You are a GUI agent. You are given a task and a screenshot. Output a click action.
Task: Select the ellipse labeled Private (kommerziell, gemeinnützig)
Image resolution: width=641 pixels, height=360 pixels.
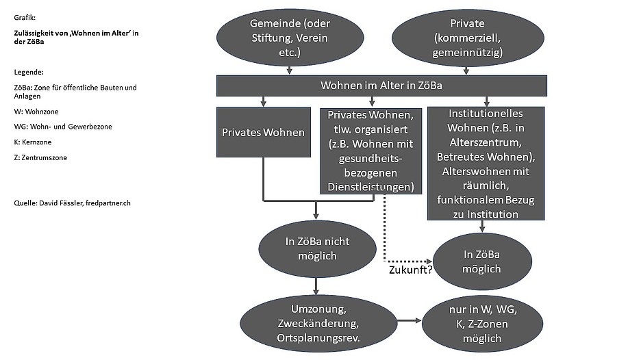click(x=467, y=37)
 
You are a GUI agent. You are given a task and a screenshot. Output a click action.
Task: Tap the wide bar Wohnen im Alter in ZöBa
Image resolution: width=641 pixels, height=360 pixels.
click(x=381, y=86)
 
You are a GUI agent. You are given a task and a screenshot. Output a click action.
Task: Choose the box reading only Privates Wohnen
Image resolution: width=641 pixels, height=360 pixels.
click(x=263, y=132)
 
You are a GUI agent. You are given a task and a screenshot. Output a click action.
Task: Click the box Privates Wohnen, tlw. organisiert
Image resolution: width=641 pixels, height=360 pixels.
click(x=370, y=149)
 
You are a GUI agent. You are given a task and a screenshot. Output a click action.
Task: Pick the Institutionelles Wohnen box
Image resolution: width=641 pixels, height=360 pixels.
click(x=486, y=163)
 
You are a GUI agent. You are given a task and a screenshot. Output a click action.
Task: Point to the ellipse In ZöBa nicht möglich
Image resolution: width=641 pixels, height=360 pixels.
click(x=317, y=247)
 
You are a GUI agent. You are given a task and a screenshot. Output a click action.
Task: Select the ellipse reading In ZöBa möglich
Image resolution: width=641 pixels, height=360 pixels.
click(x=481, y=261)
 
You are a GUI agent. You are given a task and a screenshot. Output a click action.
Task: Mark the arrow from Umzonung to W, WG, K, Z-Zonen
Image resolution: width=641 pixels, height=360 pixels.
click(x=408, y=320)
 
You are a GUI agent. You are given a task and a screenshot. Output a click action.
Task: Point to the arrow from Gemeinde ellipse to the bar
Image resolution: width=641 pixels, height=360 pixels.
click(x=290, y=69)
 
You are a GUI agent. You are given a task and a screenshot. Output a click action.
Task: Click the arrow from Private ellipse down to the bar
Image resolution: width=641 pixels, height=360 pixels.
click(x=467, y=69)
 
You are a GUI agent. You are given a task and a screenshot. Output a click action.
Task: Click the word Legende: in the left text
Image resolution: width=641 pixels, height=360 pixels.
click(x=29, y=72)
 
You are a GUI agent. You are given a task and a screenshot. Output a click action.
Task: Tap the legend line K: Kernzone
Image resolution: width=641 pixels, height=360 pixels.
click(x=32, y=142)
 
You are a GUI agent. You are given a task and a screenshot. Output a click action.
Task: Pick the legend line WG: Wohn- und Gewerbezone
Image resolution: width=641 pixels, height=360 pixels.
click(x=62, y=126)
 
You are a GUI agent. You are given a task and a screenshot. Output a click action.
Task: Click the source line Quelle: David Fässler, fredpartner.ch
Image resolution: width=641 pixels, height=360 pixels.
click(x=72, y=203)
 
